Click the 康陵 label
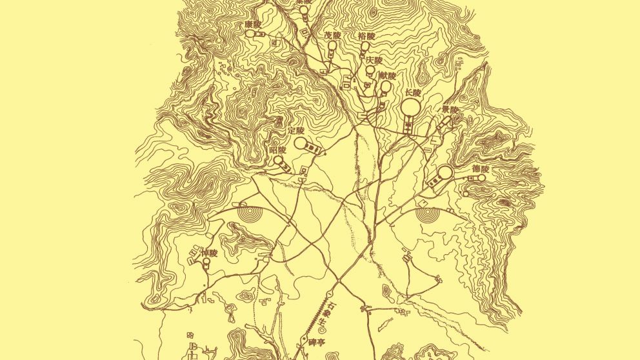pyautogui.click(x=253, y=24)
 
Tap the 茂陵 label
pyautogui.click(x=332, y=35)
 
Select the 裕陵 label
pyautogui.click(x=366, y=37)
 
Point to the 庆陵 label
pyautogui.click(x=374, y=60)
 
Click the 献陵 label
pyautogui.click(x=386, y=75)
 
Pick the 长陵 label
pyautogui.click(x=412, y=92)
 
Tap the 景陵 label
pyautogui.click(x=450, y=109)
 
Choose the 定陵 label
pyautogui.click(x=296, y=130)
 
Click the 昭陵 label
pyautogui.click(x=277, y=150)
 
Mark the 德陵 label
pyautogui.click(x=481, y=169)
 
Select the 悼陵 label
pyautogui.click(x=210, y=253)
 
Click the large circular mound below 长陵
pyautogui.click(x=412, y=107)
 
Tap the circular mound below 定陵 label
pyautogui.click(x=301, y=143)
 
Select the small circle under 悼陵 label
pyautogui.click(x=206, y=263)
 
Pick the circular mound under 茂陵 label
pyautogui.click(x=332, y=46)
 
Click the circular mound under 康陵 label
pyautogui.click(x=249, y=33)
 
